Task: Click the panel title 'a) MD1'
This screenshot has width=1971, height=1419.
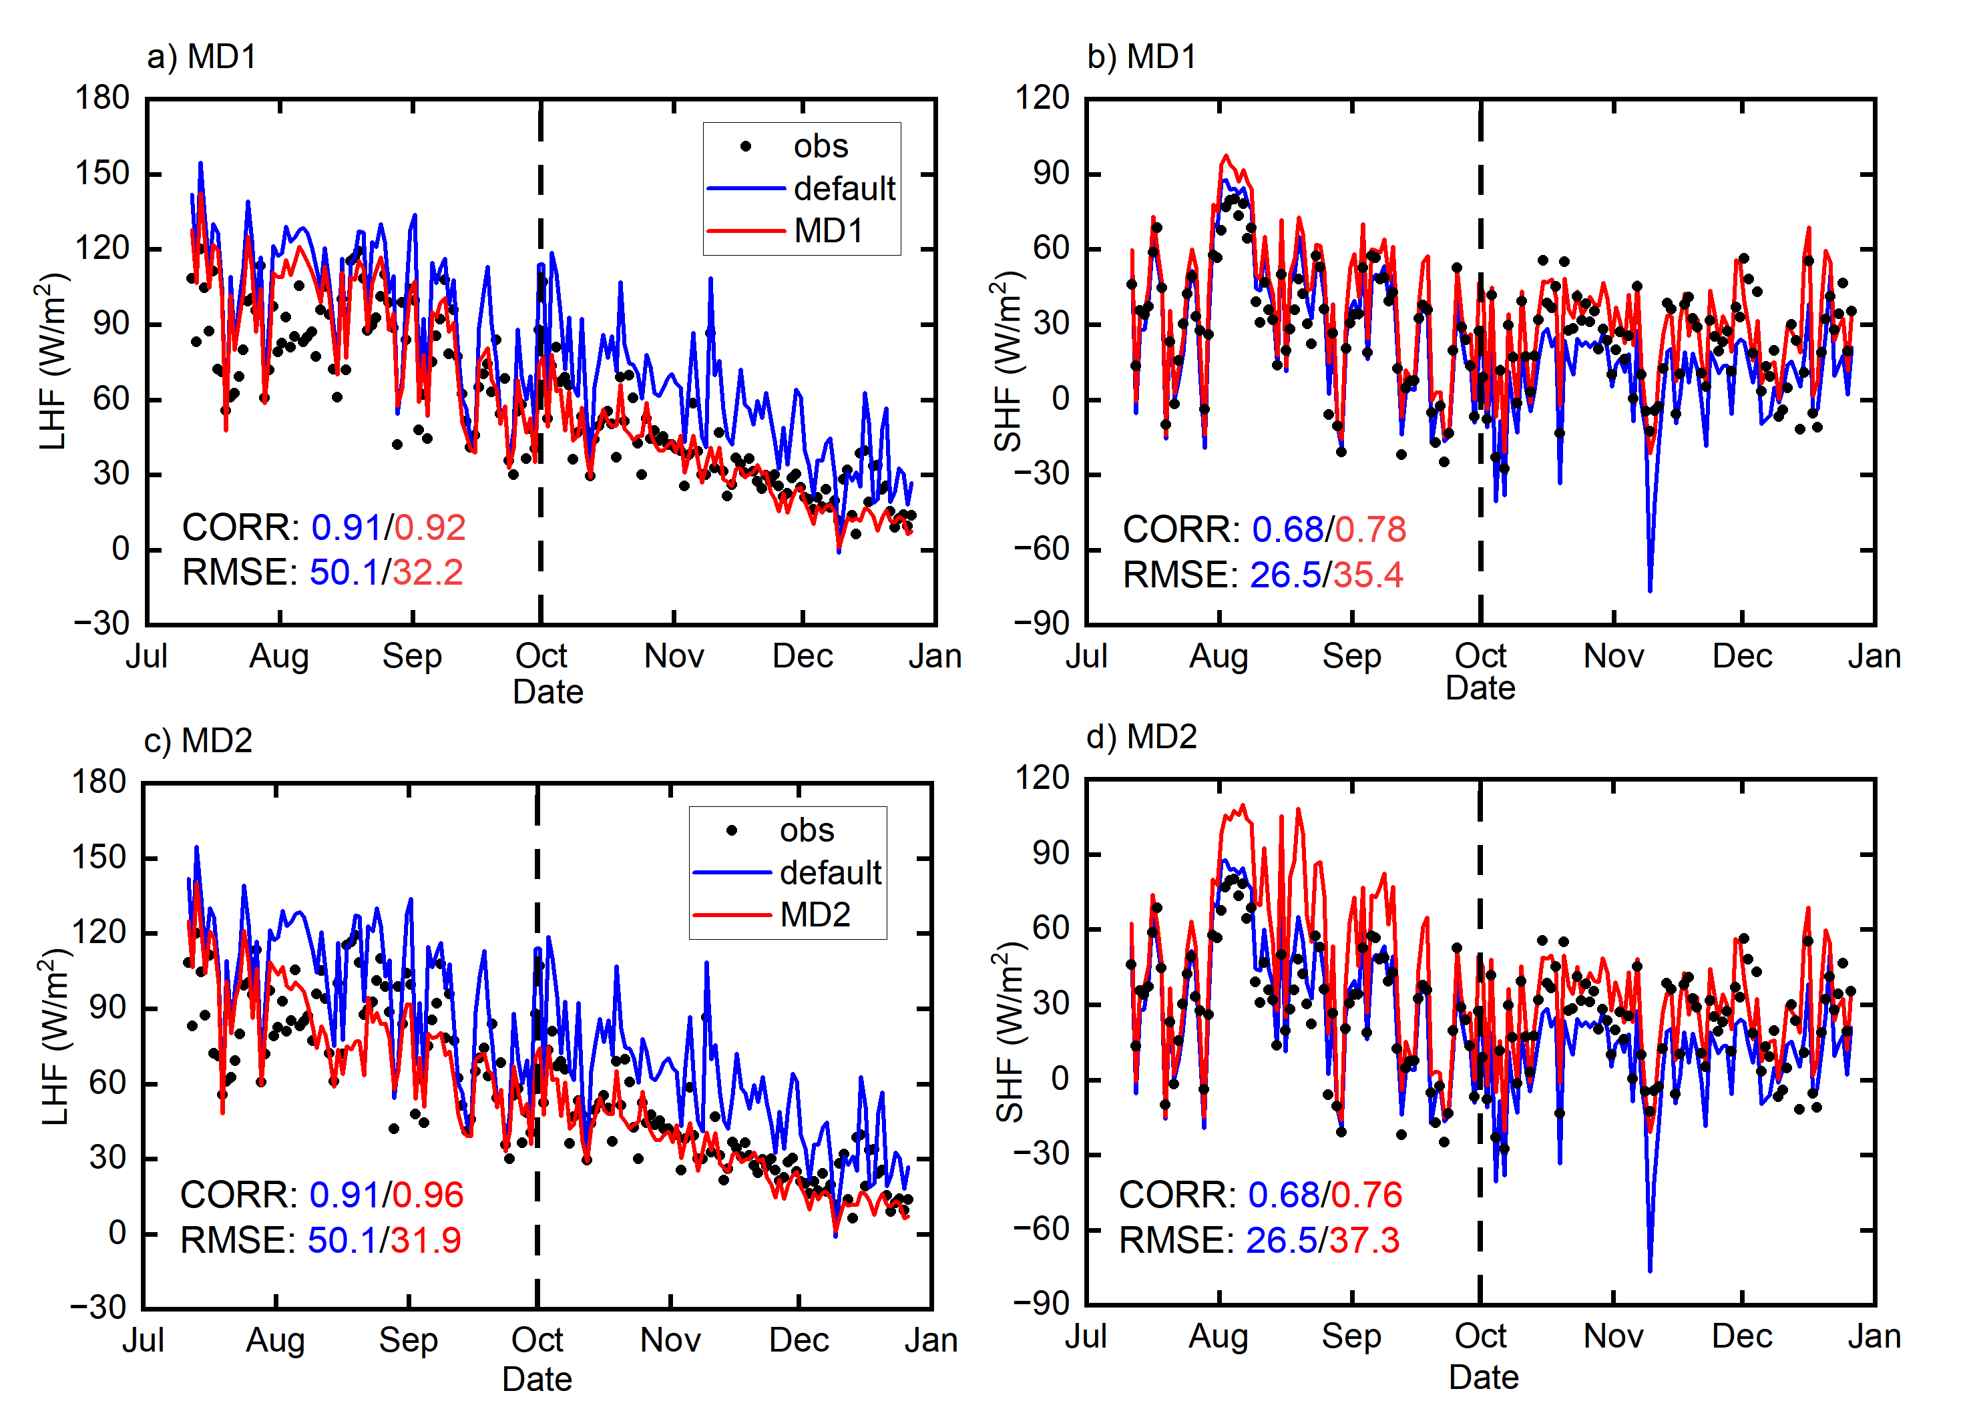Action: point(202,57)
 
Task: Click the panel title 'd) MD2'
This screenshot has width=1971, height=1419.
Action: point(1141,737)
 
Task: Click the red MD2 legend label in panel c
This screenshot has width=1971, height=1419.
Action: point(815,915)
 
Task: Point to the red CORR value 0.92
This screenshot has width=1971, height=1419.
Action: point(430,527)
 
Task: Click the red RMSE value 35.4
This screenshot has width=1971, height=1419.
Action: point(1368,575)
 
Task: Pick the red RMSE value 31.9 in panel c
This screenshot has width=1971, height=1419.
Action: point(426,1241)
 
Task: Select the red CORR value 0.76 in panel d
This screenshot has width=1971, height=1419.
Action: point(1366,1195)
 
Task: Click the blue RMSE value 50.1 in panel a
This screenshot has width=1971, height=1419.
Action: point(344,573)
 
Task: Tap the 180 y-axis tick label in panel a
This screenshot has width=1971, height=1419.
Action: point(103,97)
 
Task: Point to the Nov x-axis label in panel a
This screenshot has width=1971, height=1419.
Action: point(674,656)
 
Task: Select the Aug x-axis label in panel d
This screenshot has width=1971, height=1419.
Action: point(1219,1336)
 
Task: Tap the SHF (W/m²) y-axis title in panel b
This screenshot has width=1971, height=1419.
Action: point(1008,360)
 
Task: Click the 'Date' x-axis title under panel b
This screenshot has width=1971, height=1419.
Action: point(1480,688)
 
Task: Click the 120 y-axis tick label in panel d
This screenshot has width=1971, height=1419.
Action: point(1042,778)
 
